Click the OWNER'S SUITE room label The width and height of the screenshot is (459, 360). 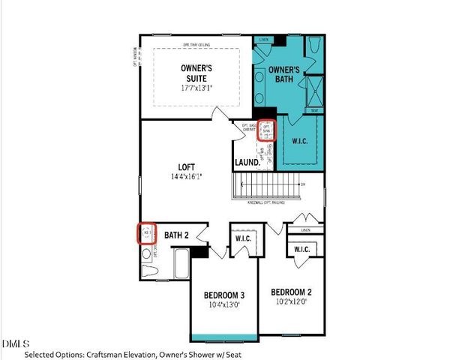pos(198,72)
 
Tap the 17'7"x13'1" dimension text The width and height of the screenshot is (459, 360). pos(198,86)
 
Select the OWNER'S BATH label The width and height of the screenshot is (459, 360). pos(285,74)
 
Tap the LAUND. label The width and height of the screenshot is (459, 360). pos(247,161)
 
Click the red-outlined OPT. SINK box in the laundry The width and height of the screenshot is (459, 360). pos(266,131)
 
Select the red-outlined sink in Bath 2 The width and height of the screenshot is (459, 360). pos(146,233)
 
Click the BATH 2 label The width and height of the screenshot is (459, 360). pos(175,234)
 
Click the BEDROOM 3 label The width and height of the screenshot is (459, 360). pos(225,295)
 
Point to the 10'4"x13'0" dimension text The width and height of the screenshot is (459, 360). pos(225,305)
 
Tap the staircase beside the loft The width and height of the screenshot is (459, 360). pos(270,184)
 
